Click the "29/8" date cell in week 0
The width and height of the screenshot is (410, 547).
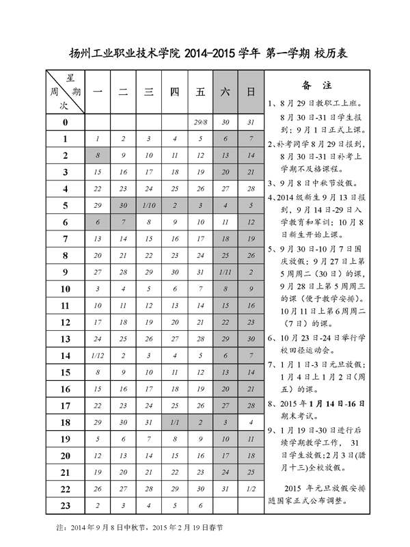tap(200, 122)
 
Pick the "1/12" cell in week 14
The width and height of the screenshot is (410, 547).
tap(98, 356)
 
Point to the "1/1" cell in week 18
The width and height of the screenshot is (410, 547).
tap(174, 423)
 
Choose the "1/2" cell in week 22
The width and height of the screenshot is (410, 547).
tap(251, 489)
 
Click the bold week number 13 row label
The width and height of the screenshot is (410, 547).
tap(66, 339)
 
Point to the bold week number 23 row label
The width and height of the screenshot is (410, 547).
tap(66, 506)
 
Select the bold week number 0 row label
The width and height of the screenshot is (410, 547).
tap(66, 122)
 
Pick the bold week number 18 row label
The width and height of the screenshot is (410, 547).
tap(66, 423)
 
